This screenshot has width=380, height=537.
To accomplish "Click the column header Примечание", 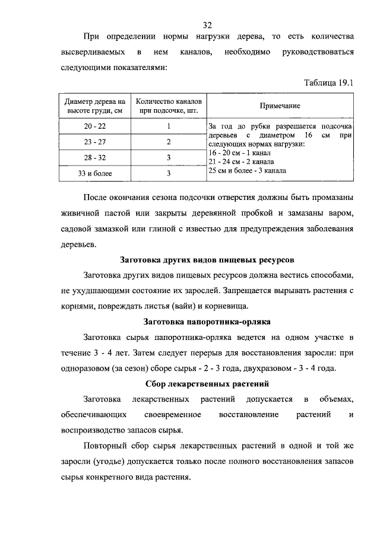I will click(x=280, y=106).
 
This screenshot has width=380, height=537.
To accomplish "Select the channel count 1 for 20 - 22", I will click(x=169, y=126).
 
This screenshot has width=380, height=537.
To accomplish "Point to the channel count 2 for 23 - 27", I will click(x=169, y=142).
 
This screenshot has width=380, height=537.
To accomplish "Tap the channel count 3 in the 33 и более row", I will click(x=169, y=174).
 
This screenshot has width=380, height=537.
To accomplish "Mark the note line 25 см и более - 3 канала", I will click(x=247, y=170).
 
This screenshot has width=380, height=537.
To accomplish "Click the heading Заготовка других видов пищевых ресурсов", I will click(x=207, y=260).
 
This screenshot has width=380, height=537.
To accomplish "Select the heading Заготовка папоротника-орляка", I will click(x=207, y=322).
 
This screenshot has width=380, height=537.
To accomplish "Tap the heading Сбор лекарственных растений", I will click(x=207, y=383).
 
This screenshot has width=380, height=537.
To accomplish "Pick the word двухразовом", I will click(x=264, y=368).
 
